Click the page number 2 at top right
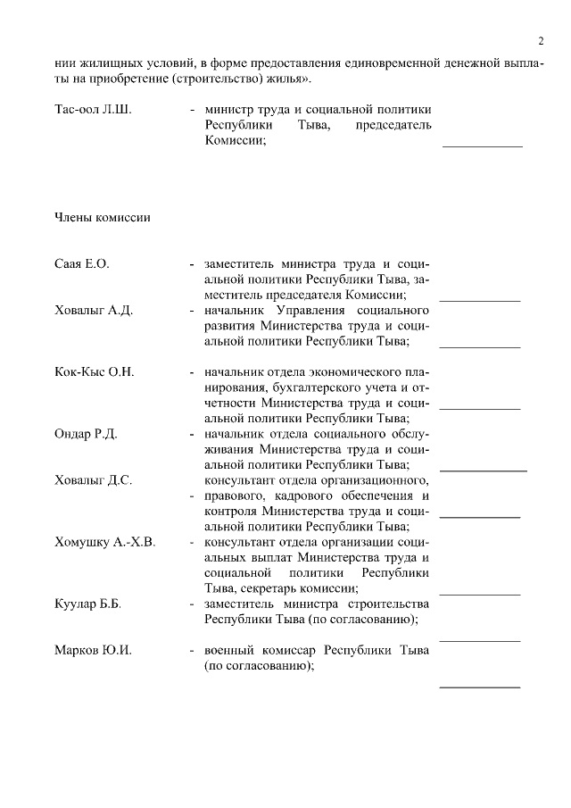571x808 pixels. tap(541, 41)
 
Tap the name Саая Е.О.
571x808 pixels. tap(82, 264)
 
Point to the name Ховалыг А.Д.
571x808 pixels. tap(94, 311)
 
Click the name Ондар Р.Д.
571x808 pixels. tap(86, 434)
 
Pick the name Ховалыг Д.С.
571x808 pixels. tap(94, 480)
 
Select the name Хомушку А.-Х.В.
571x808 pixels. tap(105, 542)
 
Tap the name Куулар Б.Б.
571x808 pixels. tap(88, 604)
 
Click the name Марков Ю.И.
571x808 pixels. tap(93, 650)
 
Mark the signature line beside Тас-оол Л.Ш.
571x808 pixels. tap(483, 146)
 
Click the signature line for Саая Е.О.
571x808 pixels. tap(480, 300)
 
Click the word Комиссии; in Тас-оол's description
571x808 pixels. tap(236, 141)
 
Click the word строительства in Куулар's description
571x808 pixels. tap(391, 604)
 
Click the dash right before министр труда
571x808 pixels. tap(193, 110)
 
